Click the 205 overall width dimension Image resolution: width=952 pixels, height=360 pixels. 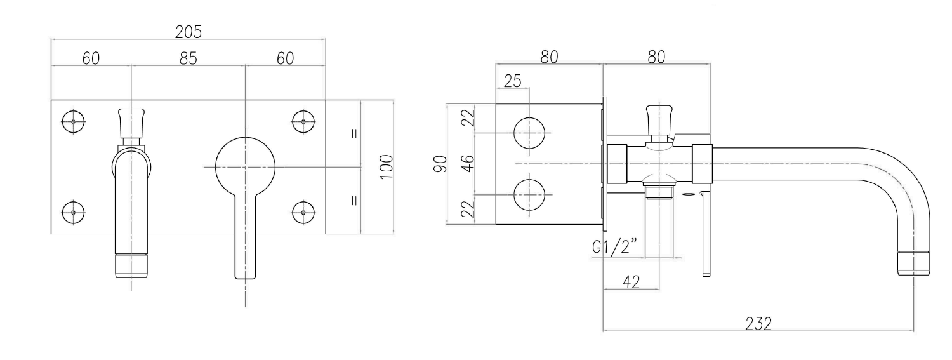click(x=188, y=32)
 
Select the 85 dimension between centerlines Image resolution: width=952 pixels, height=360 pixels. click(x=188, y=58)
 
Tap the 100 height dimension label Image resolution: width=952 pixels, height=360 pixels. click(x=387, y=167)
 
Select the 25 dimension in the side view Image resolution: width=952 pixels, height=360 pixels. click(x=512, y=81)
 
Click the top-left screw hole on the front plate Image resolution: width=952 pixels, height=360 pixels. click(x=74, y=121)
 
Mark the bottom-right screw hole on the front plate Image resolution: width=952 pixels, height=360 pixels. click(x=303, y=211)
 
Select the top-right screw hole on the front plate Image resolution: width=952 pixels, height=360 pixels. click(x=303, y=121)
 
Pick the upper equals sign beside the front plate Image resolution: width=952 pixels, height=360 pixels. click(x=354, y=133)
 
